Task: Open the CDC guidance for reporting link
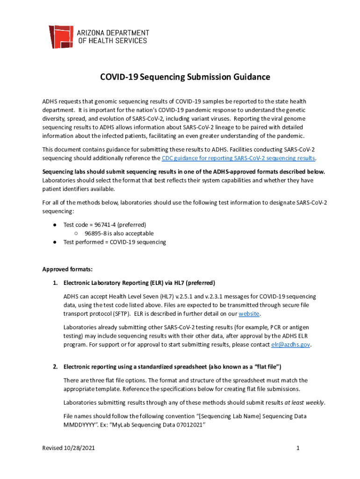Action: click(x=238, y=158)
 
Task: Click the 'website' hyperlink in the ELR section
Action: click(x=249, y=313)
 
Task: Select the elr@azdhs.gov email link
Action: click(x=290, y=344)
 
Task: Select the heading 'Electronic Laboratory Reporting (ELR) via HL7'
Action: click(x=139, y=283)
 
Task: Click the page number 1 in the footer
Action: click(x=297, y=448)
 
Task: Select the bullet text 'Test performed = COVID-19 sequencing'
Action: click(x=115, y=242)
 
